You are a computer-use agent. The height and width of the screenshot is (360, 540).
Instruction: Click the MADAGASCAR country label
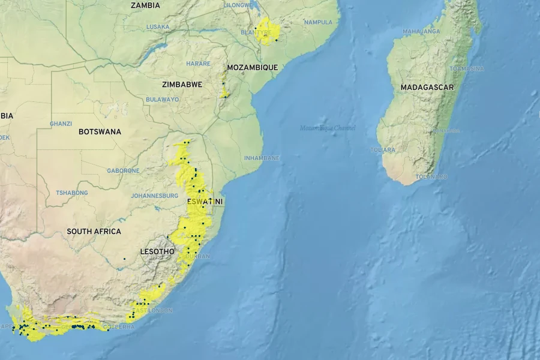[x=427, y=88]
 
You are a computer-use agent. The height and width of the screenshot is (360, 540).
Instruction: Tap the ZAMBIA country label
[x=145, y=5]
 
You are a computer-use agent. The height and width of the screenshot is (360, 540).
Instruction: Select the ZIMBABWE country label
[x=182, y=85]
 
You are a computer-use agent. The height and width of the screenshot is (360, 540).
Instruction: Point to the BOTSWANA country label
[x=100, y=131]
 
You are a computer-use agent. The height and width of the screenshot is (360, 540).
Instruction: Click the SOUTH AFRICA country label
[x=94, y=232]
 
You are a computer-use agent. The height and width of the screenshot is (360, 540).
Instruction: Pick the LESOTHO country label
[x=157, y=251]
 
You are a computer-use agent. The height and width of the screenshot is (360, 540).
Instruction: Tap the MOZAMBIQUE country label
[x=252, y=68]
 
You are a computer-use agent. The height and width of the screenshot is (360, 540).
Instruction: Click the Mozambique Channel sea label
[x=328, y=128]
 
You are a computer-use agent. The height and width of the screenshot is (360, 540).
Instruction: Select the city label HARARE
[x=198, y=64]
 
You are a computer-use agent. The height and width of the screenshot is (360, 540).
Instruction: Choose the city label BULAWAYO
[x=162, y=100]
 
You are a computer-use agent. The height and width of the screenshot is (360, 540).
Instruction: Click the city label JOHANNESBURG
[x=154, y=196]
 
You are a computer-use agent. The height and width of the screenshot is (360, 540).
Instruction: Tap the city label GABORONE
[x=123, y=171]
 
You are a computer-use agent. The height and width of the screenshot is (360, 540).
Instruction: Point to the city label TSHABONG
[x=72, y=193]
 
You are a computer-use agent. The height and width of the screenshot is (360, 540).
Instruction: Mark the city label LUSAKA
[x=158, y=27]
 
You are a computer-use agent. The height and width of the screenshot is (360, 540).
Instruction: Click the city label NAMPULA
[x=318, y=22]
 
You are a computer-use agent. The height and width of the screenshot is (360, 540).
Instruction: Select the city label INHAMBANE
[x=262, y=158]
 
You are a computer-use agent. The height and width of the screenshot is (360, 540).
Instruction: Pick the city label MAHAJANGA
[x=421, y=31]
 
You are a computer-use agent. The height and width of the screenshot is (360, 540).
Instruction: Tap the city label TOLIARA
[x=383, y=150]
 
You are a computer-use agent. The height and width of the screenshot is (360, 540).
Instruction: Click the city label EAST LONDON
[x=152, y=310]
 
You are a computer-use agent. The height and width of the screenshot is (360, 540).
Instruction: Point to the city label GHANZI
[x=61, y=124]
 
